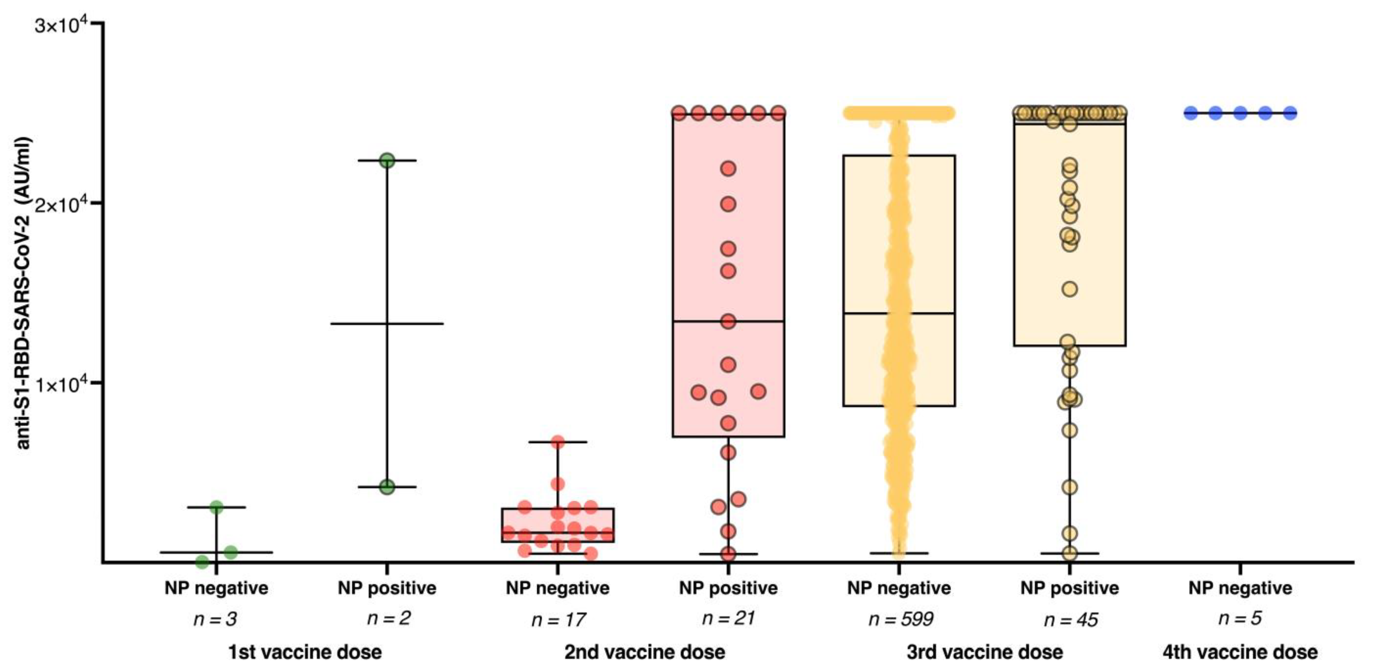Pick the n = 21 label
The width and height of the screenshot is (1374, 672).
[728, 618]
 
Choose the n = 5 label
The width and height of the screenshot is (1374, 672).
[1240, 618]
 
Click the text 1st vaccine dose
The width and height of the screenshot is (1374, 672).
[305, 652]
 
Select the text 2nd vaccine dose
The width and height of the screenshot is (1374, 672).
[644, 652]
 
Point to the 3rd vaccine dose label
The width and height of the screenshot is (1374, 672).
[985, 652]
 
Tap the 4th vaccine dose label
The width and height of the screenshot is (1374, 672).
[1240, 652]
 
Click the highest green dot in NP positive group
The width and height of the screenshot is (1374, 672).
[387, 161]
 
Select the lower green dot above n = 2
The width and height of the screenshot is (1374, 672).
[387, 487]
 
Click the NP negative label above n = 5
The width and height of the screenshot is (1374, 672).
[1240, 588]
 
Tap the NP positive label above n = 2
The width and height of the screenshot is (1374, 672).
[387, 588]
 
